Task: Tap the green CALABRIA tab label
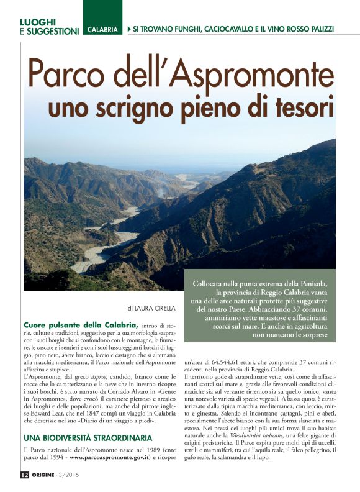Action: tap(102, 30)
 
